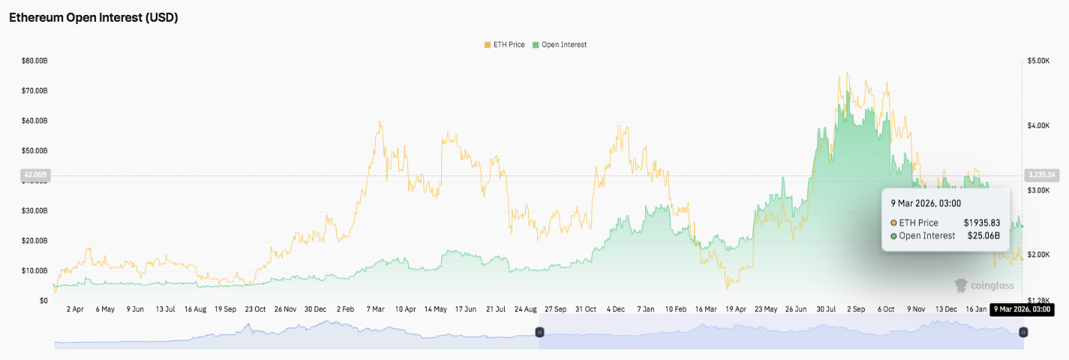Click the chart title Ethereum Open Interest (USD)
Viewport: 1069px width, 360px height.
93,17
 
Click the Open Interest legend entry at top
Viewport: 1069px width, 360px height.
559,45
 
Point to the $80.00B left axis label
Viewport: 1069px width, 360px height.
35,61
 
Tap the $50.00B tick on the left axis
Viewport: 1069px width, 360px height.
35,151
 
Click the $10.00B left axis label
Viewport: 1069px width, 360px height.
35,271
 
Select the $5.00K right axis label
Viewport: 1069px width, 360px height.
1038,61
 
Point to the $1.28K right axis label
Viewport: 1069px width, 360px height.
1038,301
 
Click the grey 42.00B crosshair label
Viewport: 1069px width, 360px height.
35,175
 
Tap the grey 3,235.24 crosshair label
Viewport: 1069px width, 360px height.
1041,175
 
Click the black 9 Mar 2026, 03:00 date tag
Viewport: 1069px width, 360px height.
1022,309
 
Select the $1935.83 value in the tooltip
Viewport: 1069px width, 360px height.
982,223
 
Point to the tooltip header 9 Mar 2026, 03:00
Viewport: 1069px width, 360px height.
926,203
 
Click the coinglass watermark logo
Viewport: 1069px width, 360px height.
983,286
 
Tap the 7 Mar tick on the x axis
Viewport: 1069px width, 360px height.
375,309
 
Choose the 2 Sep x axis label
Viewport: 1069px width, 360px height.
857,309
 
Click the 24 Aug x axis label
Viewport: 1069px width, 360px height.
526,309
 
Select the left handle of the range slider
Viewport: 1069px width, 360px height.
539,331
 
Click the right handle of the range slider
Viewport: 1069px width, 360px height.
1023,331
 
